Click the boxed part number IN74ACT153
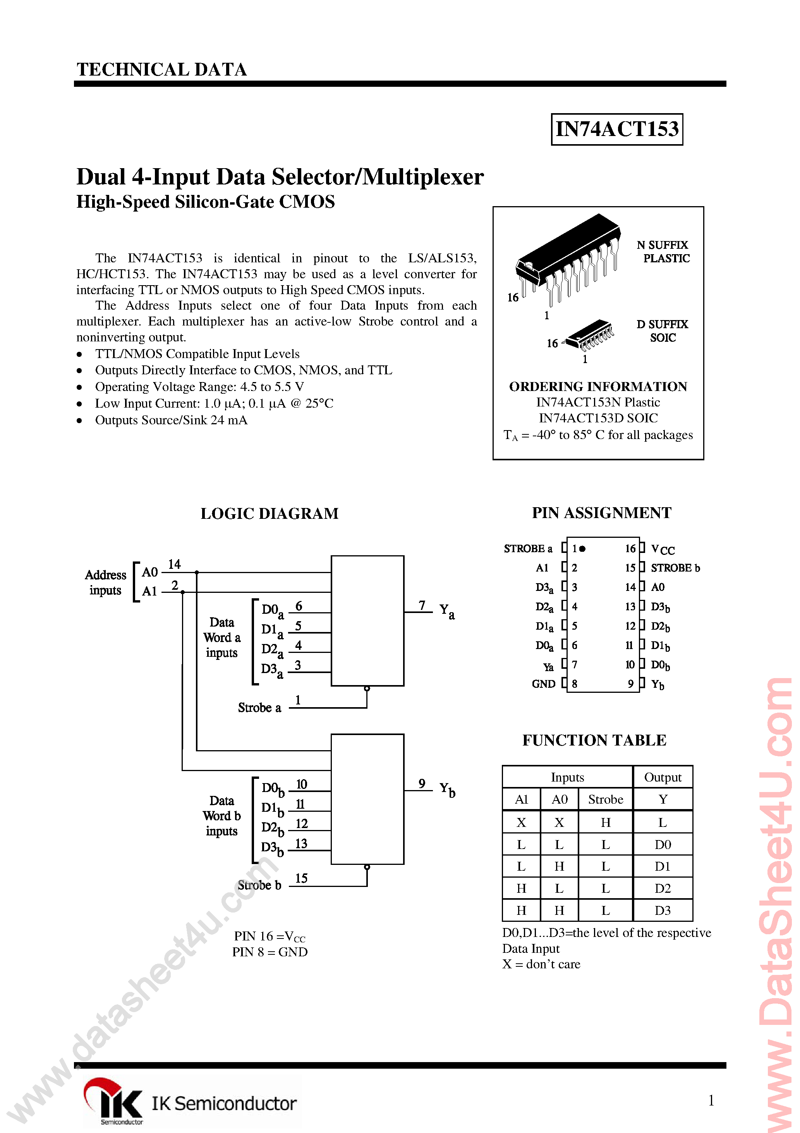616,129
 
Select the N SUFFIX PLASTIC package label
663,251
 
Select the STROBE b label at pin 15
675,568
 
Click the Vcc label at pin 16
663,549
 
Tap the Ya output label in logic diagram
447,611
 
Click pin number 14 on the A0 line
174,564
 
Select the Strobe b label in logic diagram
259,885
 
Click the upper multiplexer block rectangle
367,620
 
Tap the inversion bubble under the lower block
367,867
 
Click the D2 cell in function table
663,888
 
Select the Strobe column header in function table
605,799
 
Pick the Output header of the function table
663,778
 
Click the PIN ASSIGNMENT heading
601,513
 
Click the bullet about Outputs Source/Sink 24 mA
171,420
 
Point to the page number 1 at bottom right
711,1100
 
